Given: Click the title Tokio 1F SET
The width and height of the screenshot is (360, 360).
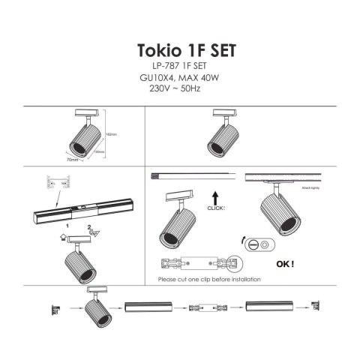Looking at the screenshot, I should (186, 50).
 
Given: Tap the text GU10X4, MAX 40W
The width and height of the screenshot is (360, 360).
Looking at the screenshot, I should (181, 78).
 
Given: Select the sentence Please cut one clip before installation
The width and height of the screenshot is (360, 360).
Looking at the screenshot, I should (209, 279).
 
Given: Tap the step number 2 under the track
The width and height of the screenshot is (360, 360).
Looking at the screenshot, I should (88, 226).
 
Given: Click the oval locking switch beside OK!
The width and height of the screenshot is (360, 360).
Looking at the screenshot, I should (265, 245).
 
